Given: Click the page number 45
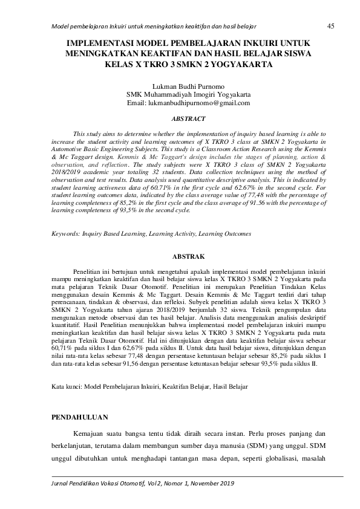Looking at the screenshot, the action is [330, 26].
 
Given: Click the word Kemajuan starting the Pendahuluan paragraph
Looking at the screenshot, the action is [90, 434].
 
